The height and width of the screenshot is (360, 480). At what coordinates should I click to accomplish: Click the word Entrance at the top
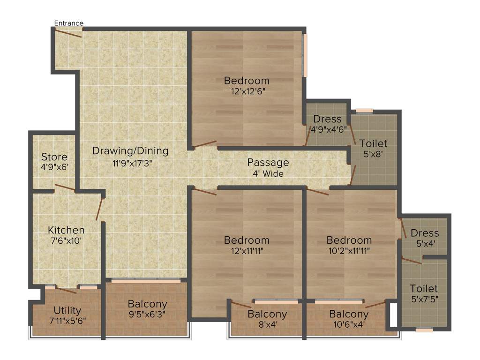69,23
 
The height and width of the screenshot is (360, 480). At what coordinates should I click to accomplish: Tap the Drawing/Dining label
130,151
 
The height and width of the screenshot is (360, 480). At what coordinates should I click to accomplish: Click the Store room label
54,157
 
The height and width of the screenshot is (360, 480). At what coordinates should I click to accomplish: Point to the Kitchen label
66,230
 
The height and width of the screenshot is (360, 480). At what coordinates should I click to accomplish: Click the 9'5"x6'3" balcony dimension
147,314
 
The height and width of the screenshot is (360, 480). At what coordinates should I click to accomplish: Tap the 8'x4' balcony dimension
267,324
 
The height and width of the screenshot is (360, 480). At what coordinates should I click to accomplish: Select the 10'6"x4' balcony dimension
348,324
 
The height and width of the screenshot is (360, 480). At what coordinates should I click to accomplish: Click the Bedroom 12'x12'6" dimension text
247,92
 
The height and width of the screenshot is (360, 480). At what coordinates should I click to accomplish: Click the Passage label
268,163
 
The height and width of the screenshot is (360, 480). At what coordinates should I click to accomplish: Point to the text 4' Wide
268,173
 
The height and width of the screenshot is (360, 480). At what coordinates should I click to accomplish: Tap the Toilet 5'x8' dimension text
373,154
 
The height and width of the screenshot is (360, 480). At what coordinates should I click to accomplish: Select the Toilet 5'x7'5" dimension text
424,299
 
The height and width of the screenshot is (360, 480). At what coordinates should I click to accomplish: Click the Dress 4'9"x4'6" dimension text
328,129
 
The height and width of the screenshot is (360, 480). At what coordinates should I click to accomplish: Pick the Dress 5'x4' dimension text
425,244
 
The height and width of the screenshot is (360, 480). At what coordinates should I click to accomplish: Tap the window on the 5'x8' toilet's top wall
364,111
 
